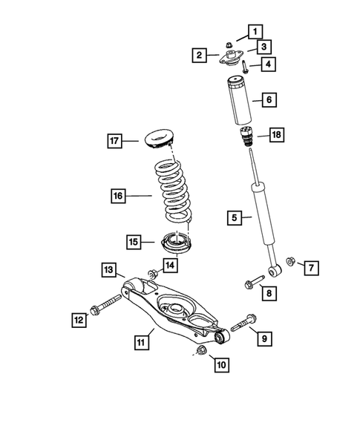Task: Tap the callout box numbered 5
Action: click(235, 217)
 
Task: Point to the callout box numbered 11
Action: click(140, 342)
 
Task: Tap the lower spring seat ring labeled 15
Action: click(174, 242)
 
